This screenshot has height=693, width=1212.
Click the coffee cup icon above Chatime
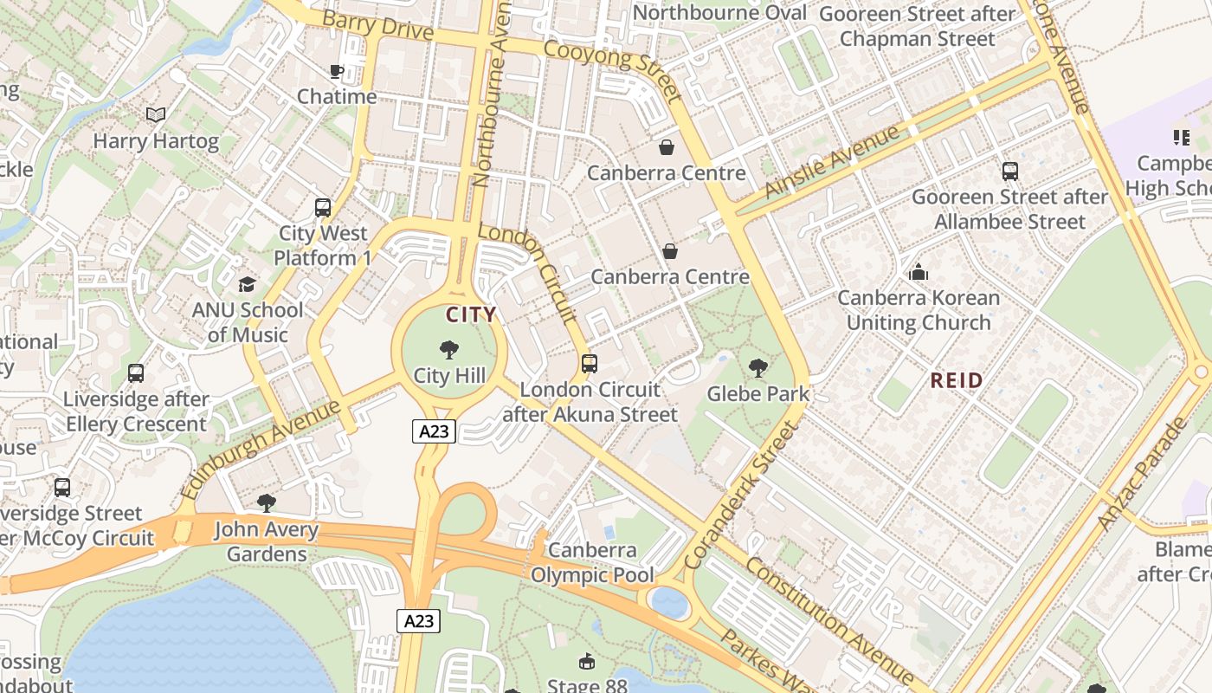pos(337,71)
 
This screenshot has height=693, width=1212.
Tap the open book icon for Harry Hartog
pos(156,114)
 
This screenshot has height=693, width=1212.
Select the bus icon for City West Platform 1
pos(323,208)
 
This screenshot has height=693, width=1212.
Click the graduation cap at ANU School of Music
pos(248,284)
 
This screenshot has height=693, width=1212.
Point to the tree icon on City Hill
pos(448,350)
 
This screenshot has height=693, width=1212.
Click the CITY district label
pos(471,314)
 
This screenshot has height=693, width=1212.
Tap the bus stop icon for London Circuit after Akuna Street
pos(590,364)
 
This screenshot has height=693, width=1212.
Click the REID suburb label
pos(957,380)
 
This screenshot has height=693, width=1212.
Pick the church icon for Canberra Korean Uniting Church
pos(919,273)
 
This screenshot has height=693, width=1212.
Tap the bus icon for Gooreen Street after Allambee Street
pos(1009,172)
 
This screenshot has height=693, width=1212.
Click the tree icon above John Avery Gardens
pos(267,503)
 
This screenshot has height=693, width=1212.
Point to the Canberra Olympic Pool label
pos(593,562)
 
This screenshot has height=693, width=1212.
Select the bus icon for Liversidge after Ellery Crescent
pos(136,373)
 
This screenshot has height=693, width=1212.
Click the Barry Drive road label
pos(377,25)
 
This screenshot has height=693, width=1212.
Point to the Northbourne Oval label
pos(719,13)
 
